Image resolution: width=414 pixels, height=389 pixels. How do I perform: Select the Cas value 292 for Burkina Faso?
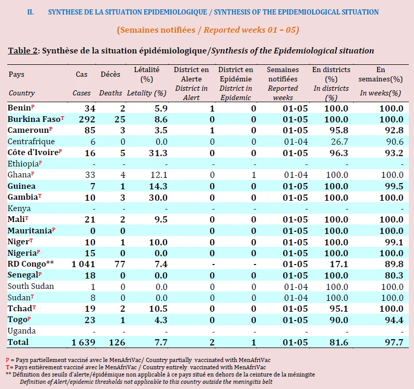pos(87,119)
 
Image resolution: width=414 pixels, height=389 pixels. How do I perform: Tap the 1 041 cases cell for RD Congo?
pos(83,264)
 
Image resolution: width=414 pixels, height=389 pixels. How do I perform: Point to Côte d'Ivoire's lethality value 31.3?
pos(158,153)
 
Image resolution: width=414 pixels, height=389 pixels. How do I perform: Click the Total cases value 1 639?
pos(83,342)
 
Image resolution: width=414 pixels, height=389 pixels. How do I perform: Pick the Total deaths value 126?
pos(117,342)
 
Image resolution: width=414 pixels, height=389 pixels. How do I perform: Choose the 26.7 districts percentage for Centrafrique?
pos(339,142)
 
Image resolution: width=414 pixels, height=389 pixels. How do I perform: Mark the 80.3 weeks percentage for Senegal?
pos(394,275)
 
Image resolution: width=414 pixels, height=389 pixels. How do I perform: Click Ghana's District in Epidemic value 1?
pos(254,175)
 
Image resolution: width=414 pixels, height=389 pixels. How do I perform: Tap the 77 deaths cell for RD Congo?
pos(120,264)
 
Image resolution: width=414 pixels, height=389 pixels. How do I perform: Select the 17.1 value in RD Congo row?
pos(339,264)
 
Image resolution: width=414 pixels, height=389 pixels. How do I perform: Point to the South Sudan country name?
pos(31,286)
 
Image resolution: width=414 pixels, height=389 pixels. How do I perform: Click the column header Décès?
pos(111,74)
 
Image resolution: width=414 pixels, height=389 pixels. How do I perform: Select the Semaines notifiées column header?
pos(283,74)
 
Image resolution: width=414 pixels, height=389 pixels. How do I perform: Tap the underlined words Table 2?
pos(23,51)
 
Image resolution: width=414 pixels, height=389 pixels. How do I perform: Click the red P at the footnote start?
pos(7,360)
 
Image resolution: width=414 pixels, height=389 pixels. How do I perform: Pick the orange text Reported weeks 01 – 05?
pos(251,30)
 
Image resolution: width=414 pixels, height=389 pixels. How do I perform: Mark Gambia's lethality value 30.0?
pos(158,198)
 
